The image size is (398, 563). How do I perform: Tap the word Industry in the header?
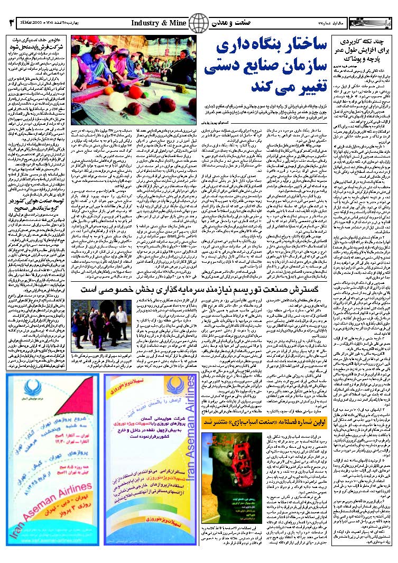point(146,23)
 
